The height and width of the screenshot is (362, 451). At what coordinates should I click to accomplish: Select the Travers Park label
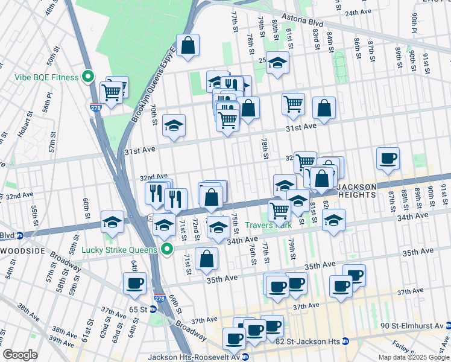(268, 225)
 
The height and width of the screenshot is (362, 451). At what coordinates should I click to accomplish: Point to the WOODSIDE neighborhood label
(24, 250)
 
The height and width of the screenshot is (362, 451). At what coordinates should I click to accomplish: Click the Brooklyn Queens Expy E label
(154, 84)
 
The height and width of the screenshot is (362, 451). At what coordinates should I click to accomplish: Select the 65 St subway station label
(136, 309)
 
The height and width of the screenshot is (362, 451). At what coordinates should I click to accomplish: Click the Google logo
(20, 355)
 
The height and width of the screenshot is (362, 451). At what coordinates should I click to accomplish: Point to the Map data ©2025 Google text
(412, 357)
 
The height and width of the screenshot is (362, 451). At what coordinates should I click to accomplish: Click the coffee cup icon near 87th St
(388, 159)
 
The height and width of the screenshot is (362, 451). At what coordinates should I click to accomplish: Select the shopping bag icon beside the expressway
(188, 45)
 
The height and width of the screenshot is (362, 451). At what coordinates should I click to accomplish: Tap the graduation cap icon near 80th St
(277, 63)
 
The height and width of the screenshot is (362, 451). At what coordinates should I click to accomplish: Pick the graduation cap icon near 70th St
(174, 125)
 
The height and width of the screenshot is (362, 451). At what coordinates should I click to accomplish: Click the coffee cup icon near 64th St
(134, 283)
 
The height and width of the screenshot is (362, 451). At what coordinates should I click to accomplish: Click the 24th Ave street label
(358, 12)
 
